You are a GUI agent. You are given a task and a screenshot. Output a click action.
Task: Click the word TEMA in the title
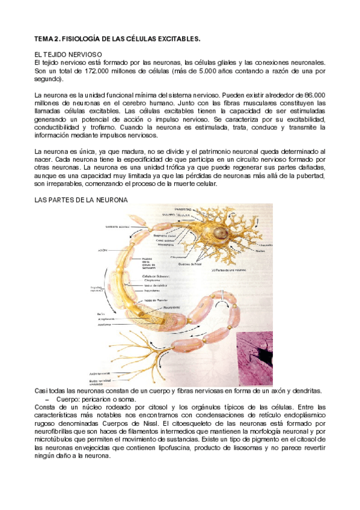click(44, 39)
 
